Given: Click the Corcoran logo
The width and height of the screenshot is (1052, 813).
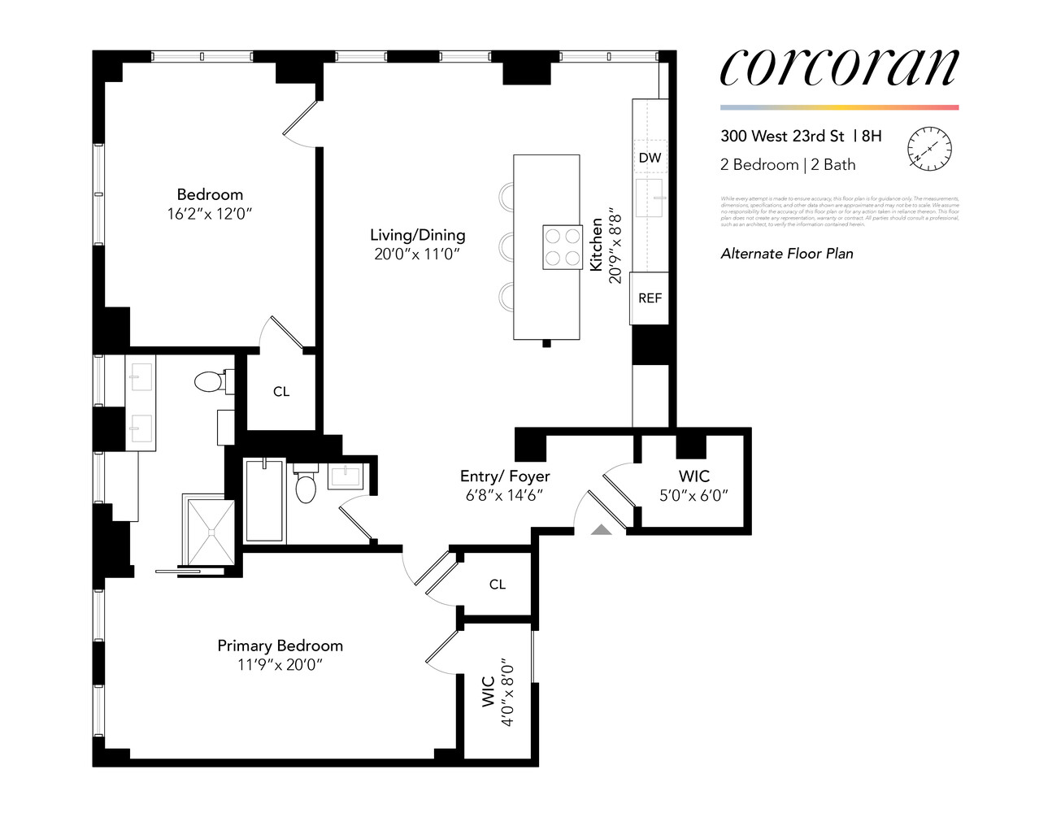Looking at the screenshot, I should (x=839, y=67).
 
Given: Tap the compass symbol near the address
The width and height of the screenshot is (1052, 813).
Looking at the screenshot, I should (x=929, y=150).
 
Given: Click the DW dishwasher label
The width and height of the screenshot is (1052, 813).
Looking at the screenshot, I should (x=650, y=158).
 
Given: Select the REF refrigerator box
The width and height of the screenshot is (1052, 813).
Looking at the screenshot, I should (x=650, y=298).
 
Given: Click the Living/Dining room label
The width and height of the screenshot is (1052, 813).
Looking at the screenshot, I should (x=417, y=235).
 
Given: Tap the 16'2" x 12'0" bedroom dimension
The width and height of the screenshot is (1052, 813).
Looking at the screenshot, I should (x=210, y=215).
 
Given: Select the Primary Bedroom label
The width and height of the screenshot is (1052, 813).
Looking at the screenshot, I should (x=280, y=646).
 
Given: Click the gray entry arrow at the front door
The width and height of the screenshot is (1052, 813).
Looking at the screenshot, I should (x=601, y=530).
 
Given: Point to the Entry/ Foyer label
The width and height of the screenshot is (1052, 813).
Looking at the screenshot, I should (x=505, y=476).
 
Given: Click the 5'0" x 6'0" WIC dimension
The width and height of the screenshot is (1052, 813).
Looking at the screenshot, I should (x=693, y=495).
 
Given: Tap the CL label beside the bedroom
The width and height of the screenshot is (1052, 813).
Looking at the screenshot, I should (x=281, y=392).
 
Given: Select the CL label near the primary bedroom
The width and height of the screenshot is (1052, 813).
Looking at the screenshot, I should (x=498, y=585).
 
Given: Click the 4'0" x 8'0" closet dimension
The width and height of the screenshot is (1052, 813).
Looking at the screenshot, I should (x=507, y=692).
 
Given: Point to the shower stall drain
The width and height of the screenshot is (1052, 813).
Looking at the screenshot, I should (x=211, y=532).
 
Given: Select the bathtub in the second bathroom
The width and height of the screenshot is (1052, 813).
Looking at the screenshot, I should (x=265, y=502).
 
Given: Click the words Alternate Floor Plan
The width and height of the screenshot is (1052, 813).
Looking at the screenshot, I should (x=787, y=254).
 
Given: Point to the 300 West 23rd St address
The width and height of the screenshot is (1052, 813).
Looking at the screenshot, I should (x=782, y=137).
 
